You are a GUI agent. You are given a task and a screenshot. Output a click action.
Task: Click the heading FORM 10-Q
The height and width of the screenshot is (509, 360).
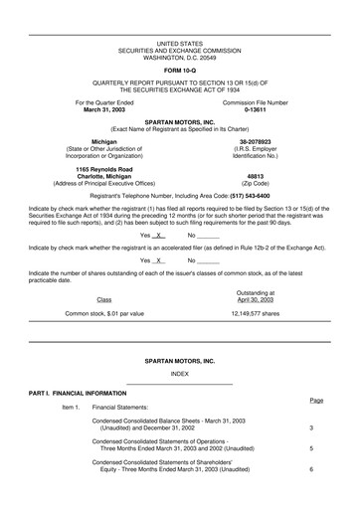(x=179, y=69)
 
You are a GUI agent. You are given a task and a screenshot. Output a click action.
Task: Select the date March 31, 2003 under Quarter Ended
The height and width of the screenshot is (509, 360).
(x=104, y=109)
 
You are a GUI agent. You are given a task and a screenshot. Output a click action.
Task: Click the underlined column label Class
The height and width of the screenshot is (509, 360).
(x=104, y=298)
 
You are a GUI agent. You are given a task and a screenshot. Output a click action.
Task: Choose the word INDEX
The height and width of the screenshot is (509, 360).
(x=179, y=373)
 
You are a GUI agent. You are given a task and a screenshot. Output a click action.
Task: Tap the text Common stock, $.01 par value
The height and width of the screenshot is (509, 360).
(x=104, y=313)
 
